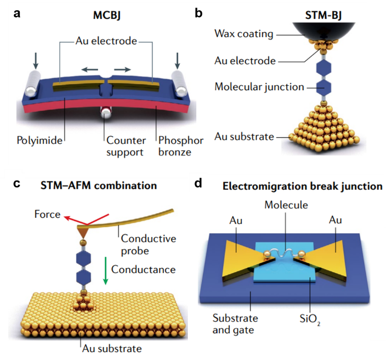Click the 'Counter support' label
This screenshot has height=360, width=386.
[x=126, y=146]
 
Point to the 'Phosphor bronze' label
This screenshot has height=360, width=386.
[x=181, y=146]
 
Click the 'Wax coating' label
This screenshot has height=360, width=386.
[x=243, y=33]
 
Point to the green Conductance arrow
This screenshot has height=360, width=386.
[x=106, y=270]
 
